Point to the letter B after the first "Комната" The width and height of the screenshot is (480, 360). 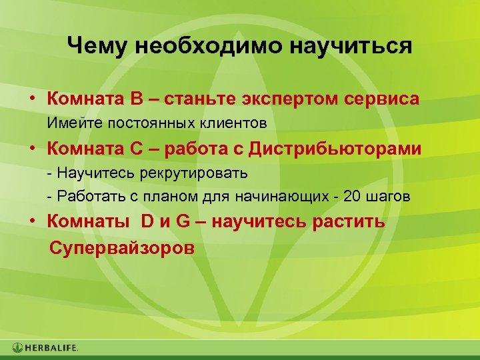tap(137, 99)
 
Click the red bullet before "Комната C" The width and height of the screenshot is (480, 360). tap(32, 149)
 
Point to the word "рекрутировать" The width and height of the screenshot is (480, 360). tap(193, 173)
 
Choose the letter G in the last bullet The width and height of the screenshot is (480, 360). tap(183, 222)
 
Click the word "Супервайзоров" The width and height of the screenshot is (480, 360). tap(122, 248)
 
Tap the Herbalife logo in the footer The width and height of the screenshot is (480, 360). tap(45, 347)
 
